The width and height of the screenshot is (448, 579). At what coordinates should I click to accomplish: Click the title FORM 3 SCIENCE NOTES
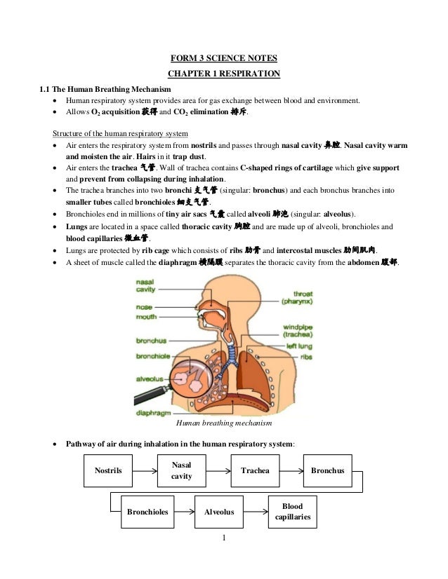pos(224,57)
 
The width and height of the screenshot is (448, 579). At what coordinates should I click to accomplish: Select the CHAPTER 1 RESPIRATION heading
pos(224,74)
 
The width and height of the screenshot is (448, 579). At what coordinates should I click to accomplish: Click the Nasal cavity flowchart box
pos(181,470)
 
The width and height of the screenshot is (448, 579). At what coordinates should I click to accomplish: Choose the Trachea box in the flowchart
pos(255,470)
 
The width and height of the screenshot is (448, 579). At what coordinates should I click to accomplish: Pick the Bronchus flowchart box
pos(327,470)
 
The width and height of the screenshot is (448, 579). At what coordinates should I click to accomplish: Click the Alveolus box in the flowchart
pos(218,512)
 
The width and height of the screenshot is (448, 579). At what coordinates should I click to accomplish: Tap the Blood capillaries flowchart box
pos(293,512)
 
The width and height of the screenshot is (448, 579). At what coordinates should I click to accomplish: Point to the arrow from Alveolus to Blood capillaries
pos(256,512)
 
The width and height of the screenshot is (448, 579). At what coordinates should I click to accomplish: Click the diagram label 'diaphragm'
pos(151,412)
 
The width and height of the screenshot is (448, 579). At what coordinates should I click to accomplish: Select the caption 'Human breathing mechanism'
pos(223,423)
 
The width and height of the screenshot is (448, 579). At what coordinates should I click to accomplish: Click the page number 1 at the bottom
pos(223,538)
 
